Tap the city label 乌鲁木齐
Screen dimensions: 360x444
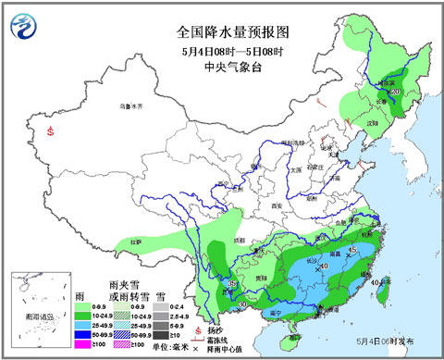tap(133, 107)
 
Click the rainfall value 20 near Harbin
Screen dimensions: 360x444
tap(395, 93)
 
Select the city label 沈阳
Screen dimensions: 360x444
tap(373, 121)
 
